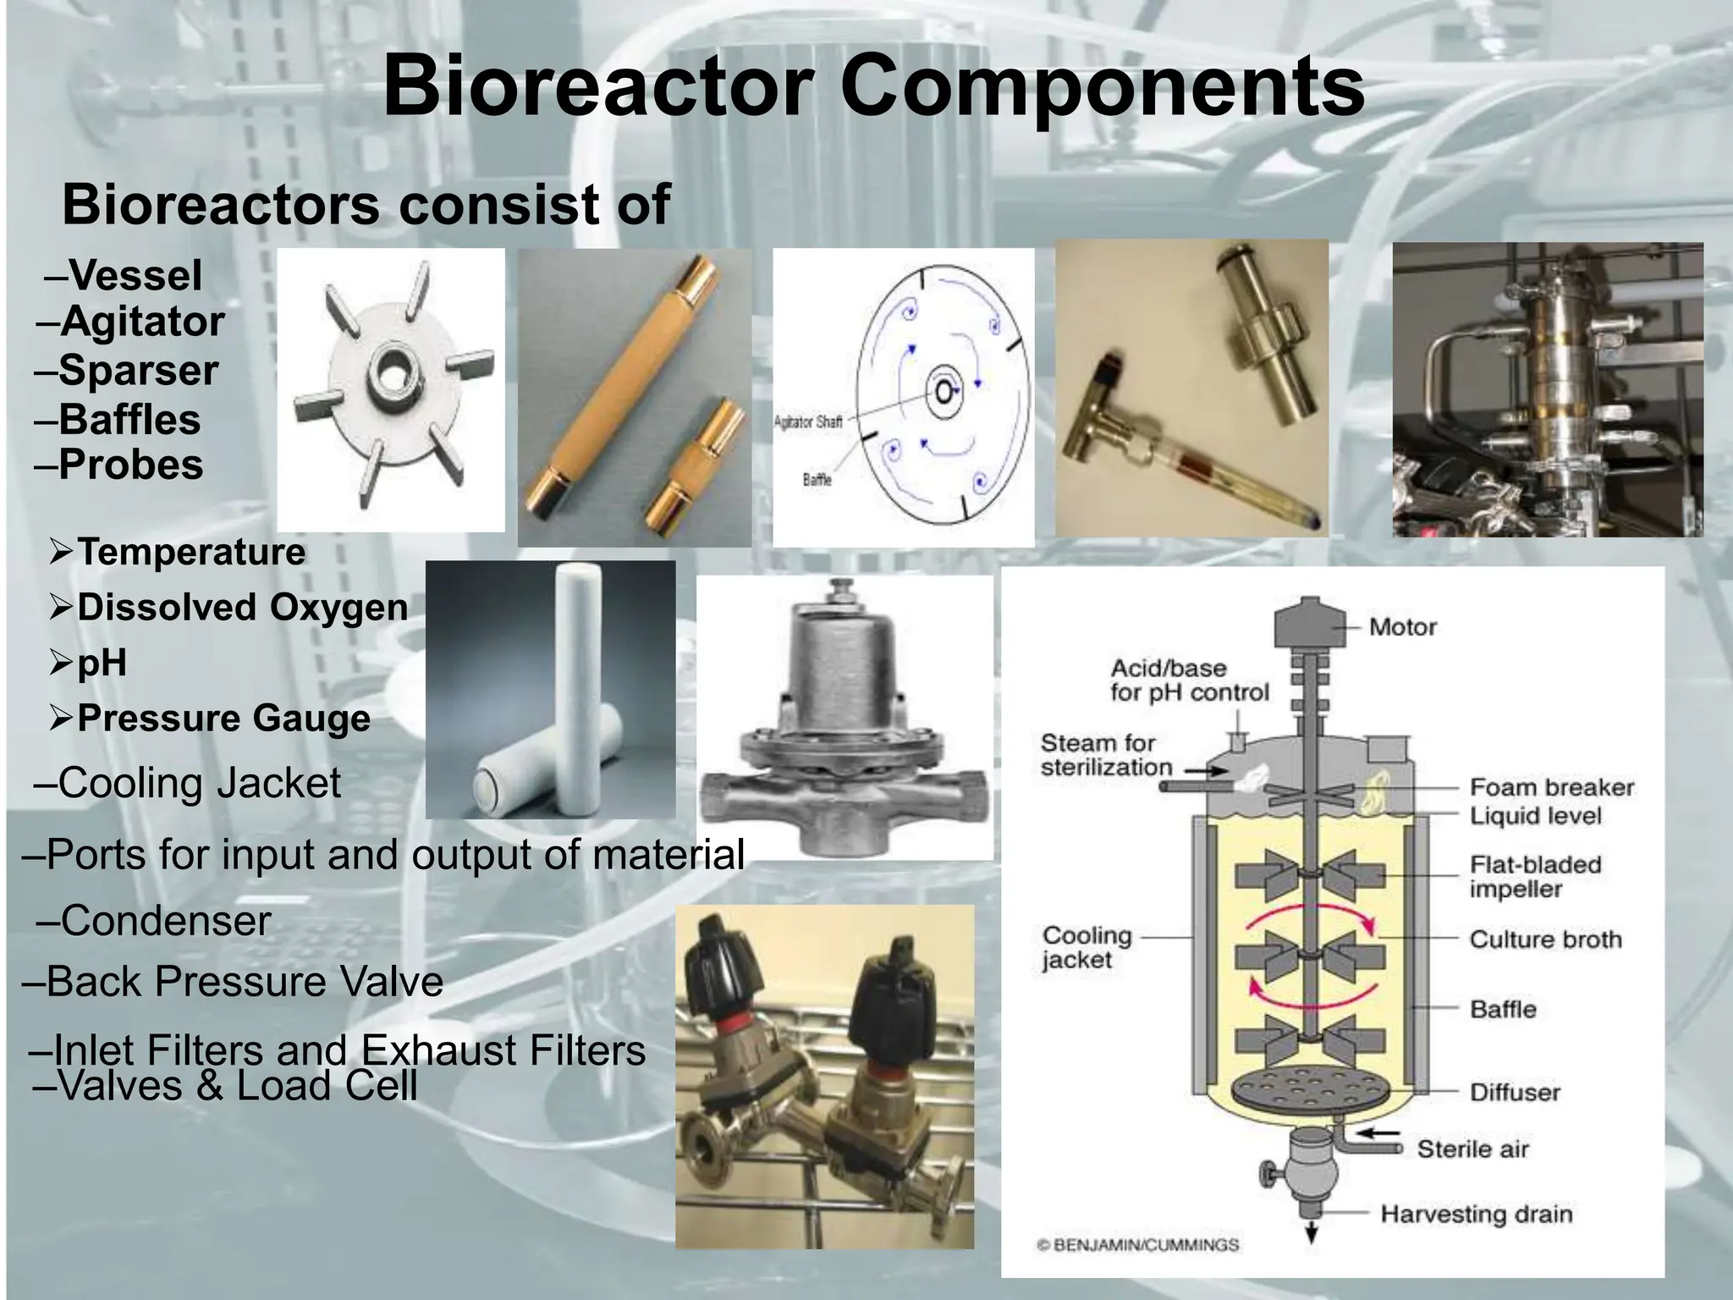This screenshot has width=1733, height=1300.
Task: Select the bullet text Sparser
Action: coord(137,371)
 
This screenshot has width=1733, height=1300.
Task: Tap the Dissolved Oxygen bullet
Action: coord(242,608)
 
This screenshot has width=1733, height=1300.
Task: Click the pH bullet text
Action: coord(102,663)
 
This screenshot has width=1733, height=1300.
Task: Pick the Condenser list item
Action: coord(165,921)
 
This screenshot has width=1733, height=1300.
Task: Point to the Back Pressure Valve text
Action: coord(244,982)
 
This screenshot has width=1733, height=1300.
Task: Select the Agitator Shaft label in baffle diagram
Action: coord(808,421)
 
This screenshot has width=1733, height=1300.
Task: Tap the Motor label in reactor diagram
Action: coord(1402,627)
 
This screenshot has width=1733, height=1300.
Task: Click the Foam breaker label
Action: coord(1551,787)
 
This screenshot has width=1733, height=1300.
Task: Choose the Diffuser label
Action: coord(1514,1092)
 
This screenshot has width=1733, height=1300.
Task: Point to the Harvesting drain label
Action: coord(1476,1214)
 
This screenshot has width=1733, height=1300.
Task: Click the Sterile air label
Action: coord(1472,1149)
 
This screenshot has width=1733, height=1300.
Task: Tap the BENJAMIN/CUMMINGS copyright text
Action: coord(1137,1245)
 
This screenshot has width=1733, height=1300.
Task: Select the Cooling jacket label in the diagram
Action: coord(1086,947)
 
